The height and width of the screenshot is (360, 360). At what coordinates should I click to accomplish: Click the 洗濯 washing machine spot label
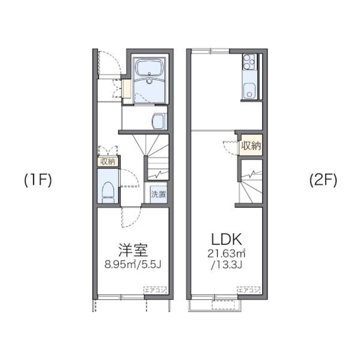pyautogui.click(x=158, y=195)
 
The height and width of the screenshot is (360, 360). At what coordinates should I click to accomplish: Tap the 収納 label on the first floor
pyautogui.click(x=107, y=161)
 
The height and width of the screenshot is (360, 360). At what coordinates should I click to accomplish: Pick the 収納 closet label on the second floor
pyautogui.click(x=251, y=146)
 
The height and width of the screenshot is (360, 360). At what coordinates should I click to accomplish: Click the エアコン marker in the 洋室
pyautogui.click(x=154, y=290)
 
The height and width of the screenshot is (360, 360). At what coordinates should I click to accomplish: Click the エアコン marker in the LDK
pyautogui.click(x=248, y=290)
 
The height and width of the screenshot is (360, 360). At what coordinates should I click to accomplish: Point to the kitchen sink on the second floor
pyautogui.click(x=249, y=88)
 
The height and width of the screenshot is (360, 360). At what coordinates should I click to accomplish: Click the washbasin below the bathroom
pyautogui.click(x=159, y=120)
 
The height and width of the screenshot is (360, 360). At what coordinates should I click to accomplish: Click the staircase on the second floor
pyautogui.click(x=248, y=184)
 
